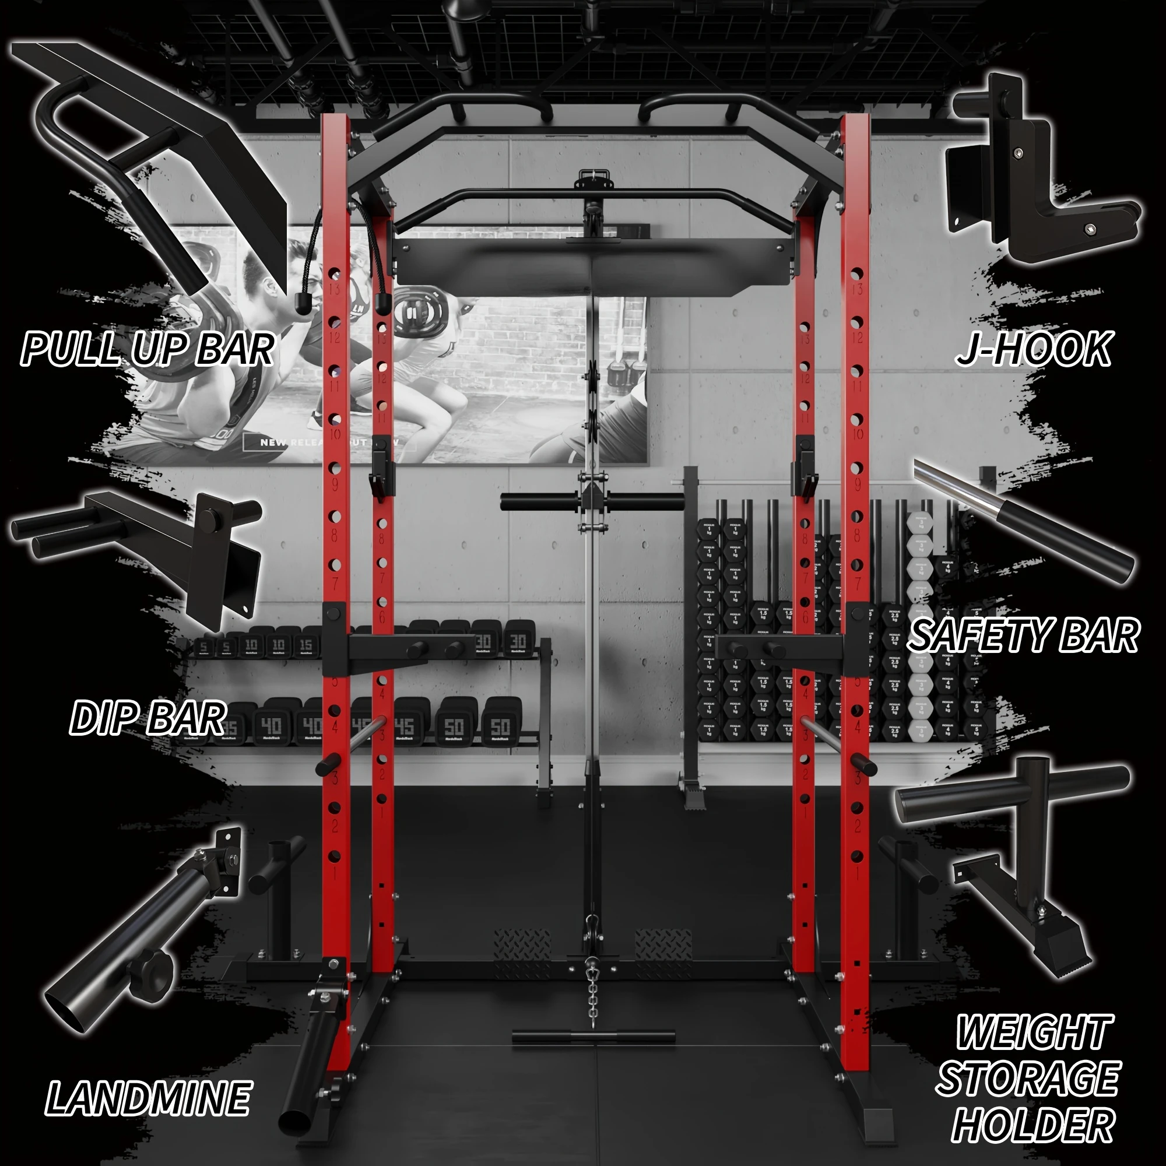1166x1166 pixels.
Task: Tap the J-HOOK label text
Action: pyautogui.click(x=1032, y=349)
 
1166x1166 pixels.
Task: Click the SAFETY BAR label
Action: pyautogui.click(x=1023, y=635)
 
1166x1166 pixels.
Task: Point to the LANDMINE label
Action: pyautogui.click(x=148, y=1097)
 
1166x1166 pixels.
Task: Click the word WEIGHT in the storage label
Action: pyautogui.click(x=1032, y=1032)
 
